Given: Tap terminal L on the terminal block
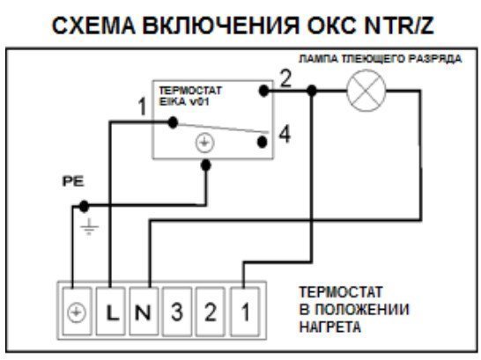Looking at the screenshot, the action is [x=111, y=312].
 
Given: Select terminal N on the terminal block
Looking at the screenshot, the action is [x=144, y=312].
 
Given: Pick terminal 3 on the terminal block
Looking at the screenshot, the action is [x=177, y=312].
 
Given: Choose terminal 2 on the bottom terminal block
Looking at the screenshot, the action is [x=211, y=312].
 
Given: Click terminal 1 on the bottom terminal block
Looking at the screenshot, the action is [x=245, y=312].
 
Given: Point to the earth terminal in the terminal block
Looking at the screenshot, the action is [x=77, y=312].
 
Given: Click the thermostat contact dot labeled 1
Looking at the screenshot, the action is [x=173, y=122].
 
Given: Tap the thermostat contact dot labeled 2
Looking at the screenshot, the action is [x=263, y=91].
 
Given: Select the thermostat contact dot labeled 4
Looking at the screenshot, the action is [x=262, y=142].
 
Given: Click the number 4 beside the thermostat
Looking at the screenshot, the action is [x=285, y=135].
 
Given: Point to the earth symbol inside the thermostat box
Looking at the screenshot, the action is [x=205, y=143].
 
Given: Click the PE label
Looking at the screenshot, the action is [x=73, y=181].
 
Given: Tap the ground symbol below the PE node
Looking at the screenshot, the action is [x=89, y=227].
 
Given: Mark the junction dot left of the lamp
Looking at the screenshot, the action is [x=311, y=91].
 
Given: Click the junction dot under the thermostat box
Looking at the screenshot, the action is [x=206, y=165].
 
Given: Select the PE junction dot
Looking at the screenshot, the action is [x=84, y=206].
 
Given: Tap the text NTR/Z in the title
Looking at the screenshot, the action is [x=399, y=26].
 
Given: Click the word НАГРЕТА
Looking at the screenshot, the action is [x=329, y=327].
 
